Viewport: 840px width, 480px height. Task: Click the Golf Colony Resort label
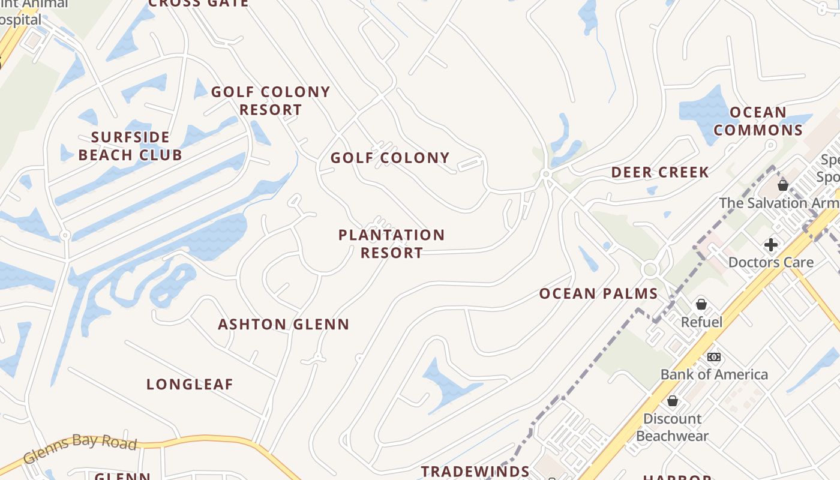(x=271, y=101)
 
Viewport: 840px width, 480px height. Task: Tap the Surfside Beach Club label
(x=130, y=146)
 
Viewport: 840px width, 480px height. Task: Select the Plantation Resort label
(x=391, y=244)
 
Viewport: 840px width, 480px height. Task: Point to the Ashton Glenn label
(x=283, y=325)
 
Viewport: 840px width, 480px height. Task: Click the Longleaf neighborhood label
(x=190, y=385)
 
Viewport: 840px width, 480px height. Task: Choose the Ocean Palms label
(x=598, y=294)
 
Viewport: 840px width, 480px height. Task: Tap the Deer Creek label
(x=660, y=173)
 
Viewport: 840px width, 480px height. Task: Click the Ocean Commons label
(x=758, y=121)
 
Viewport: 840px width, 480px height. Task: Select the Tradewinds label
(x=475, y=472)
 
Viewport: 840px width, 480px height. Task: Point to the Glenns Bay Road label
(x=80, y=448)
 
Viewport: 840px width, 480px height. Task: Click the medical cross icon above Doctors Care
(x=771, y=245)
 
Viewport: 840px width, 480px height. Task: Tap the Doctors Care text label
(x=771, y=262)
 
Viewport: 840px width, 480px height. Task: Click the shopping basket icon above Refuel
(x=701, y=305)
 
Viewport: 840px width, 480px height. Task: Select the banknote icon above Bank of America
(x=714, y=357)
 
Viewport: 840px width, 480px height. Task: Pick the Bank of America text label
(x=714, y=374)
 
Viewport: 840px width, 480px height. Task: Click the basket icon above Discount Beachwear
(x=673, y=401)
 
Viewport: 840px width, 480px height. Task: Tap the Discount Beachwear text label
(x=673, y=427)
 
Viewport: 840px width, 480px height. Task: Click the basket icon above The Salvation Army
(x=783, y=185)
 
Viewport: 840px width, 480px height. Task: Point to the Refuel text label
(x=701, y=322)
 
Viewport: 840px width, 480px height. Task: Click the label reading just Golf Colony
(x=390, y=158)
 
